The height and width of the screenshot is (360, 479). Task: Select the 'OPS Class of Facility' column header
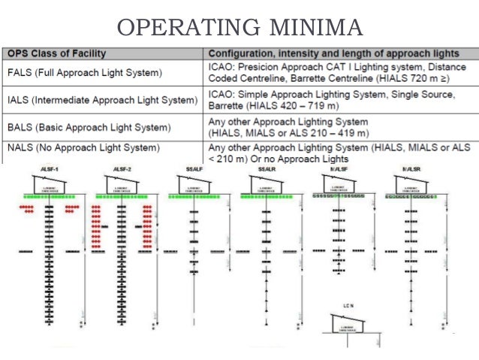pyautogui.click(x=57, y=53)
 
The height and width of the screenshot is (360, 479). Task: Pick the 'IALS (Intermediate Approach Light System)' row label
pyautogui.click(x=102, y=99)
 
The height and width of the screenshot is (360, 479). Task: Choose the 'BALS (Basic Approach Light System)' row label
pyautogui.click(x=89, y=126)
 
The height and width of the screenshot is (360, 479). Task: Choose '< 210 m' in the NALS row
pyautogui.click(x=229, y=159)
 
